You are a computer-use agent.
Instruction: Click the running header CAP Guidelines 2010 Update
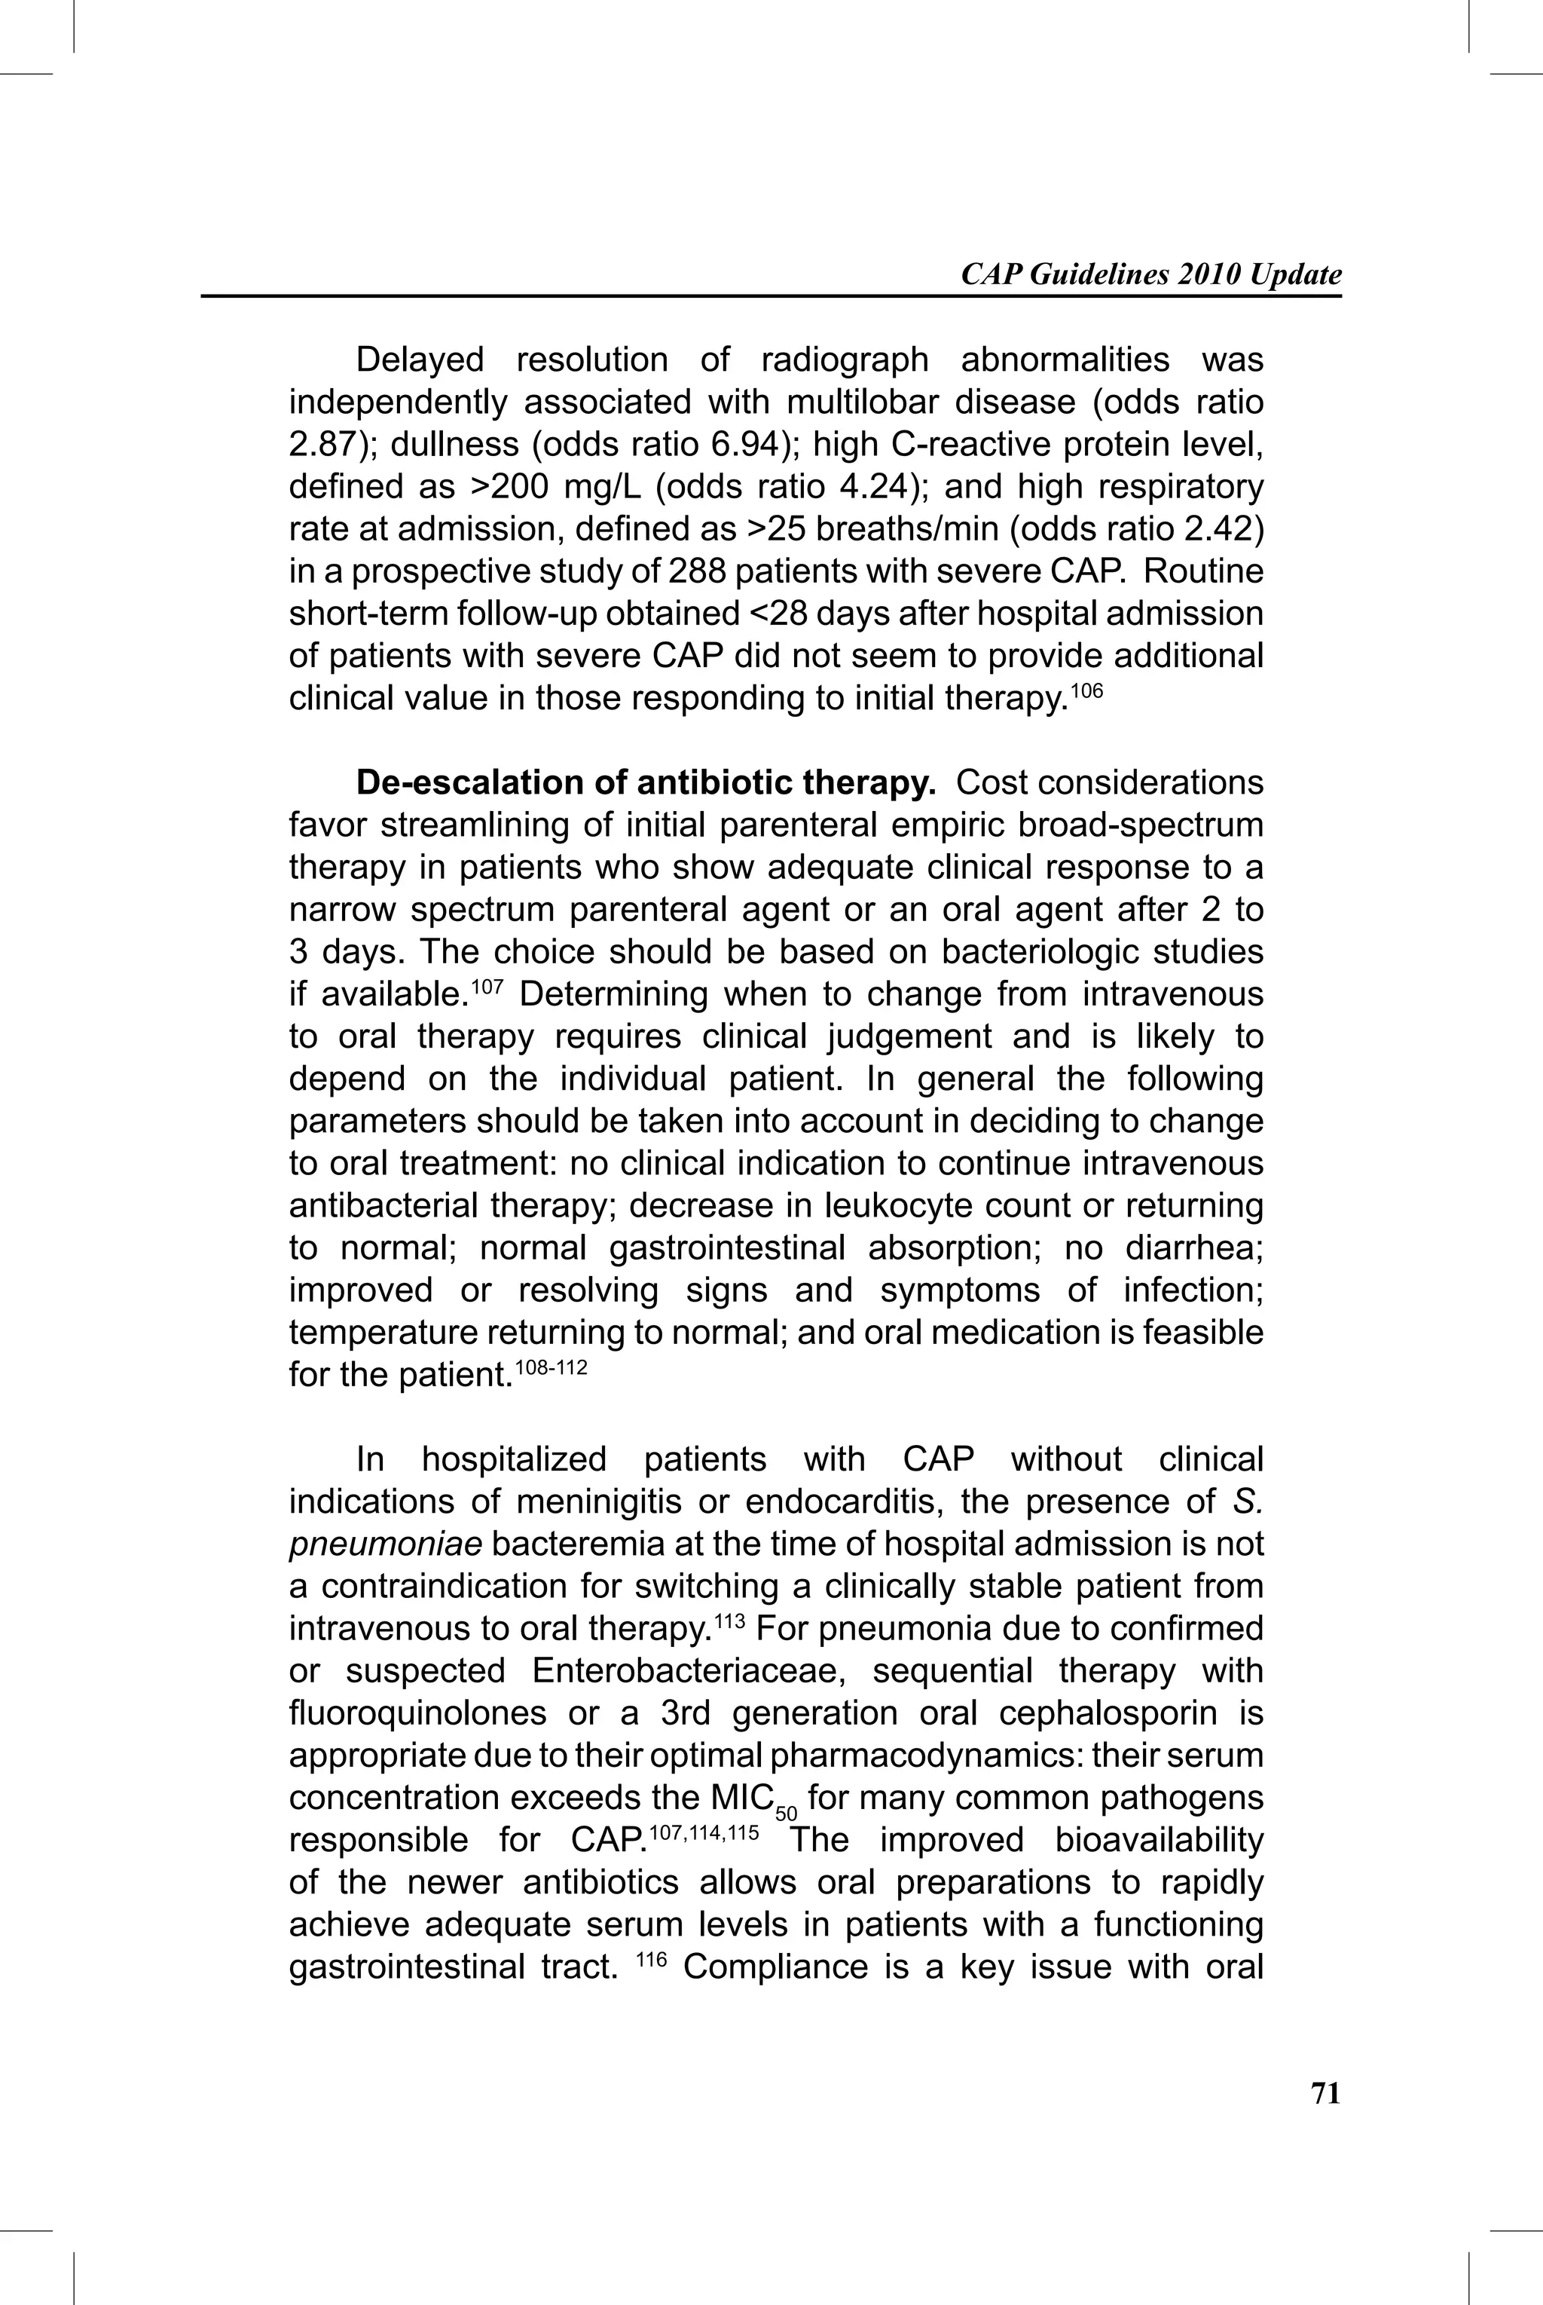(x=1150, y=274)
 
